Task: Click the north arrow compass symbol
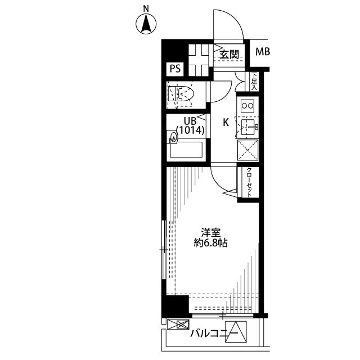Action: [x=146, y=24]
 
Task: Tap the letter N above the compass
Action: [x=146, y=9]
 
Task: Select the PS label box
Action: [x=175, y=69]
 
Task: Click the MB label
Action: [x=263, y=52]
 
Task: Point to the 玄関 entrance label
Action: [x=229, y=55]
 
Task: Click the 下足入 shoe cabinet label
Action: [x=254, y=81]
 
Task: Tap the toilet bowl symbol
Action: [x=181, y=94]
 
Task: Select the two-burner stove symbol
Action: [x=247, y=106]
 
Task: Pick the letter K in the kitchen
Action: [x=226, y=123]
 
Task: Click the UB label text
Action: [x=190, y=121]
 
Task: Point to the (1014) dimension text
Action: [x=190, y=130]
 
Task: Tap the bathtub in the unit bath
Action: [x=186, y=150]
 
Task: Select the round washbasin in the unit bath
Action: [x=173, y=137]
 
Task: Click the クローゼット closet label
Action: [x=249, y=182]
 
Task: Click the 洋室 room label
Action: [x=210, y=233]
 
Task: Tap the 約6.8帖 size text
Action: [x=210, y=243]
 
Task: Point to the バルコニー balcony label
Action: [x=214, y=333]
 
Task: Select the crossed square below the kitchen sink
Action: [x=247, y=150]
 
